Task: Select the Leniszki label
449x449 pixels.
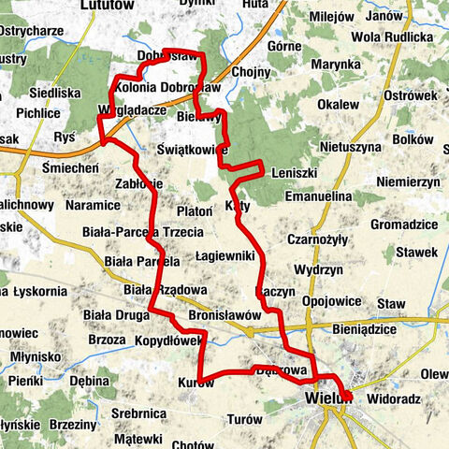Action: (295, 174)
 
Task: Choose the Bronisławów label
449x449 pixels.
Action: (224, 316)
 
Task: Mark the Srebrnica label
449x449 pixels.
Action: (138, 413)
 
